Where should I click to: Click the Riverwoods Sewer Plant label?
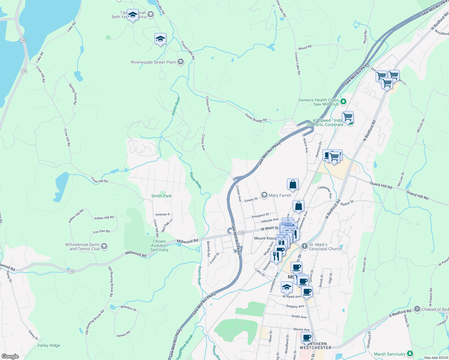click(x=153, y=62)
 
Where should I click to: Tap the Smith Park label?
click(x=161, y=196)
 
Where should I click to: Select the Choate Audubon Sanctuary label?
click(x=159, y=245)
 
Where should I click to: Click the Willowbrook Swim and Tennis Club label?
click(x=82, y=247)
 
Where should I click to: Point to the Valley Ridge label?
click(x=49, y=345)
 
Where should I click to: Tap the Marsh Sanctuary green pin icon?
click(x=410, y=354)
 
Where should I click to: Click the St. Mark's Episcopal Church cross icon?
click(x=305, y=246)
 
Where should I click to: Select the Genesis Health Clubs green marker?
click(x=344, y=102)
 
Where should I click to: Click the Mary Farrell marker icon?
click(x=264, y=195)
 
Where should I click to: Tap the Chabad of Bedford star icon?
click(x=417, y=309)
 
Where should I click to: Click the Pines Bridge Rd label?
click(x=256, y=118)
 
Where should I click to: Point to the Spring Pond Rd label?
click(x=73, y=94)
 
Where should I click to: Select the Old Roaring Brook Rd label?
click(x=111, y=281)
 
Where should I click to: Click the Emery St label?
click(x=251, y=200)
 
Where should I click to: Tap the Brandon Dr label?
click(x=128, y=308)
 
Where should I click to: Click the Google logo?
click(x=10, y=356)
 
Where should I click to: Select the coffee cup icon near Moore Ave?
click(x=306, y=337)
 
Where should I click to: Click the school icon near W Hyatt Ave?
click(x=287, y=287)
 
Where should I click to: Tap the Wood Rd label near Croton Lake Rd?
click(x=305, y=47)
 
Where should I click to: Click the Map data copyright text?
click(x=436, y=358)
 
